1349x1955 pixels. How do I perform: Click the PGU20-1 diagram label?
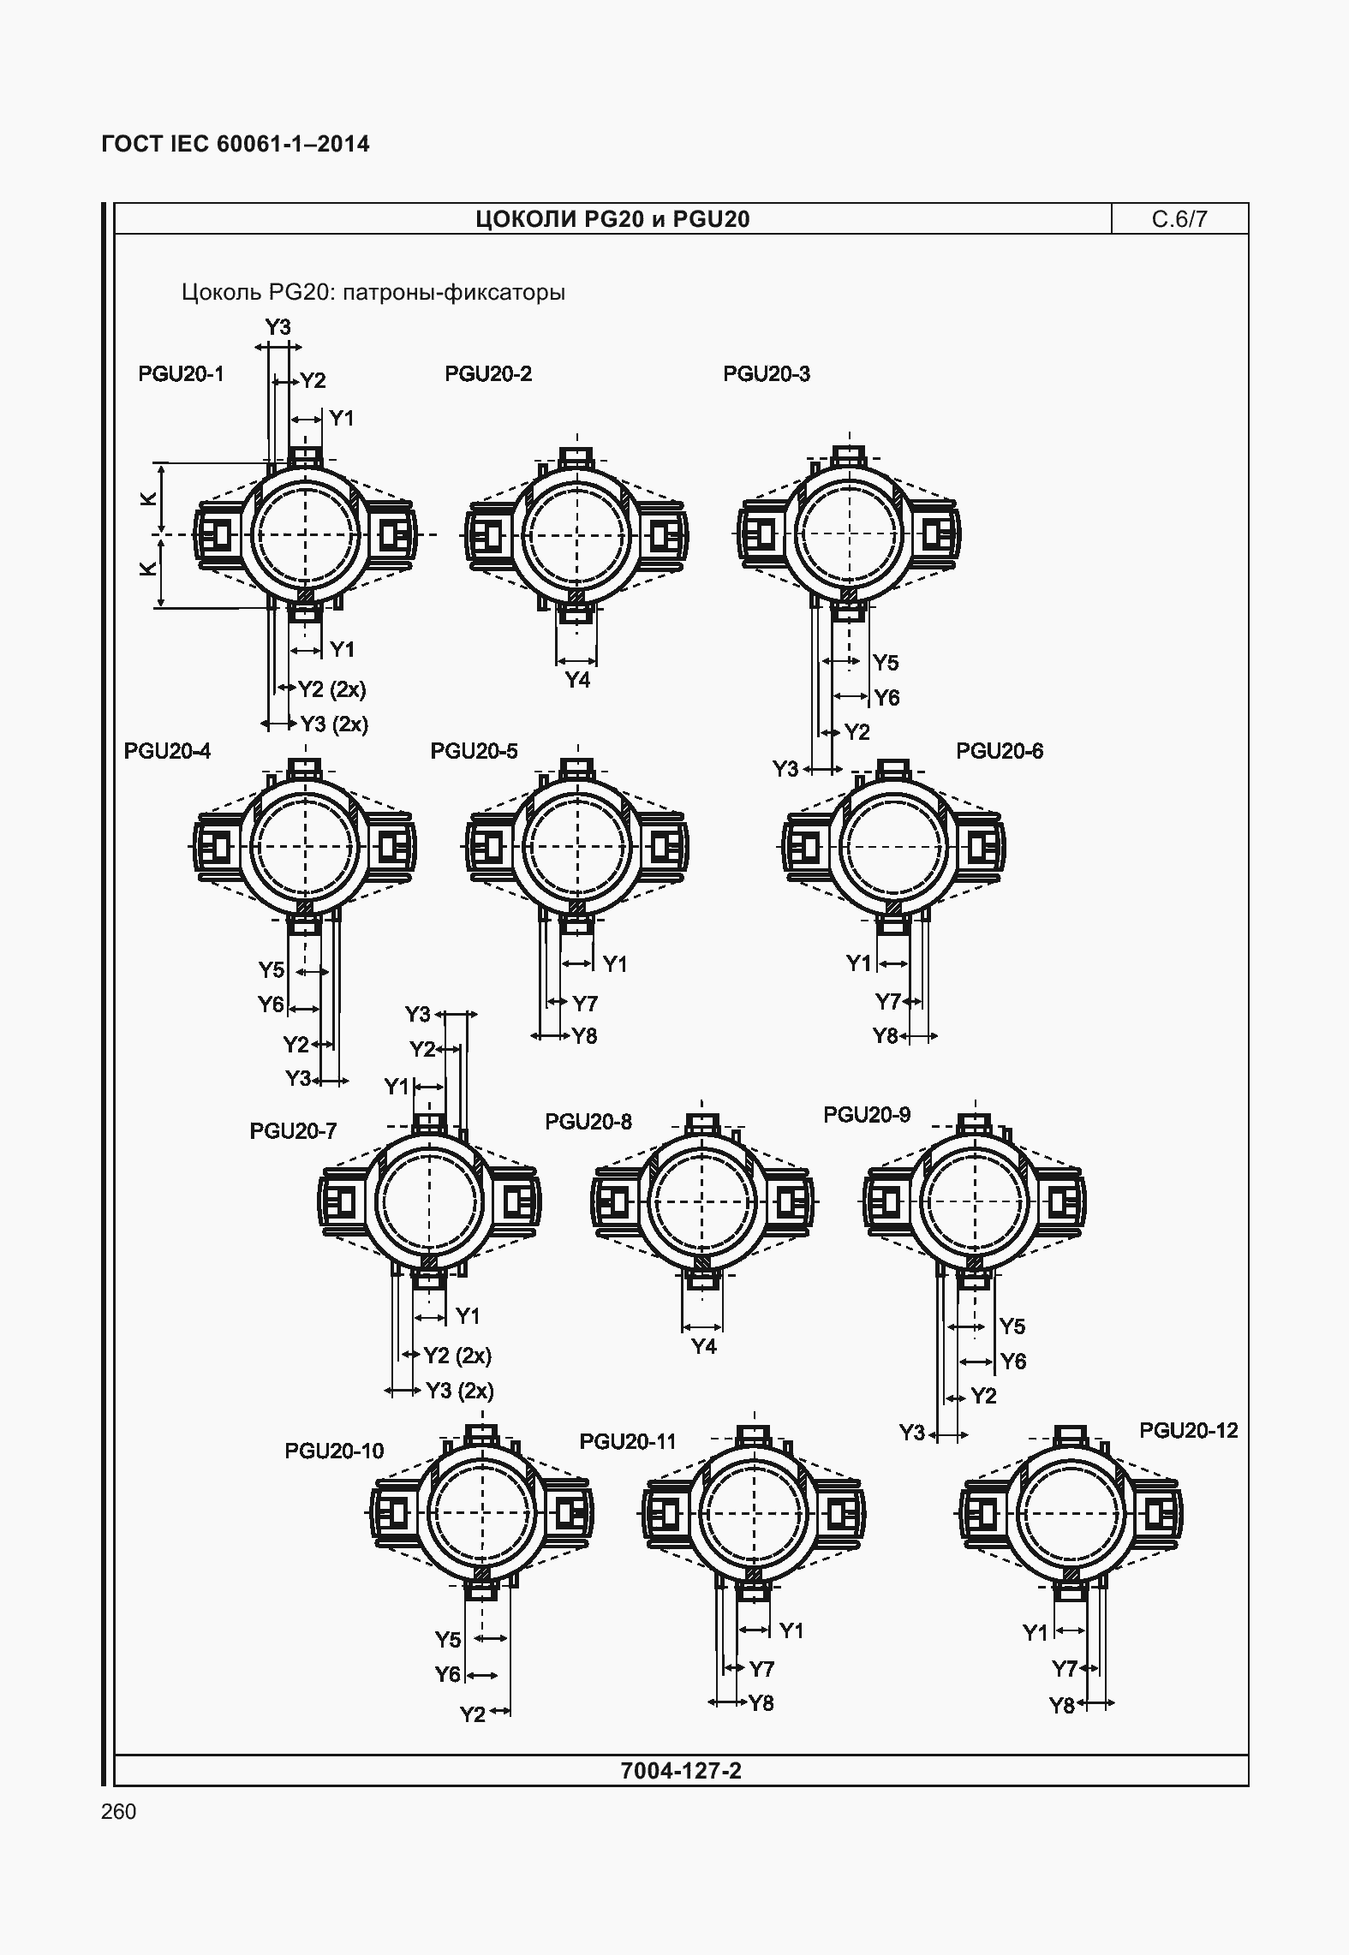[x=181, y=374]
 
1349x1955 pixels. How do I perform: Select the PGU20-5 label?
[x=474, y=751]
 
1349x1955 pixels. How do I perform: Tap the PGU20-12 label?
[x=1188, y=1431]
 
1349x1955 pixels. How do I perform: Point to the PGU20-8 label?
[x=588, y=1122]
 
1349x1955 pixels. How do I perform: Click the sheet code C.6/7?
[x=1179, y=219]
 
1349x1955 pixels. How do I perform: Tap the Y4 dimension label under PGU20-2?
[x=578, y=681]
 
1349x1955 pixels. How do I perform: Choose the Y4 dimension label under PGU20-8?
[x=703, y=1347]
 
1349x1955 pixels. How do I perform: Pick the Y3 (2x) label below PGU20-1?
[x=334, y=724]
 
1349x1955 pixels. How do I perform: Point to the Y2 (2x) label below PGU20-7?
[x=458, y=1356]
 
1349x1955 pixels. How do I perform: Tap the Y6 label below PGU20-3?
[x=886, y=698]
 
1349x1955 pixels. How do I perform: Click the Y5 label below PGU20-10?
[x=448, y=1640]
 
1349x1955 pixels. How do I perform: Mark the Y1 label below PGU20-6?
[x=858, y=963]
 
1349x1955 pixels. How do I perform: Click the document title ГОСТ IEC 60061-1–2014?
[x=236, y=144]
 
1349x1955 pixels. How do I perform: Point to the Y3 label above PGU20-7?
[x=417, y=1015]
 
